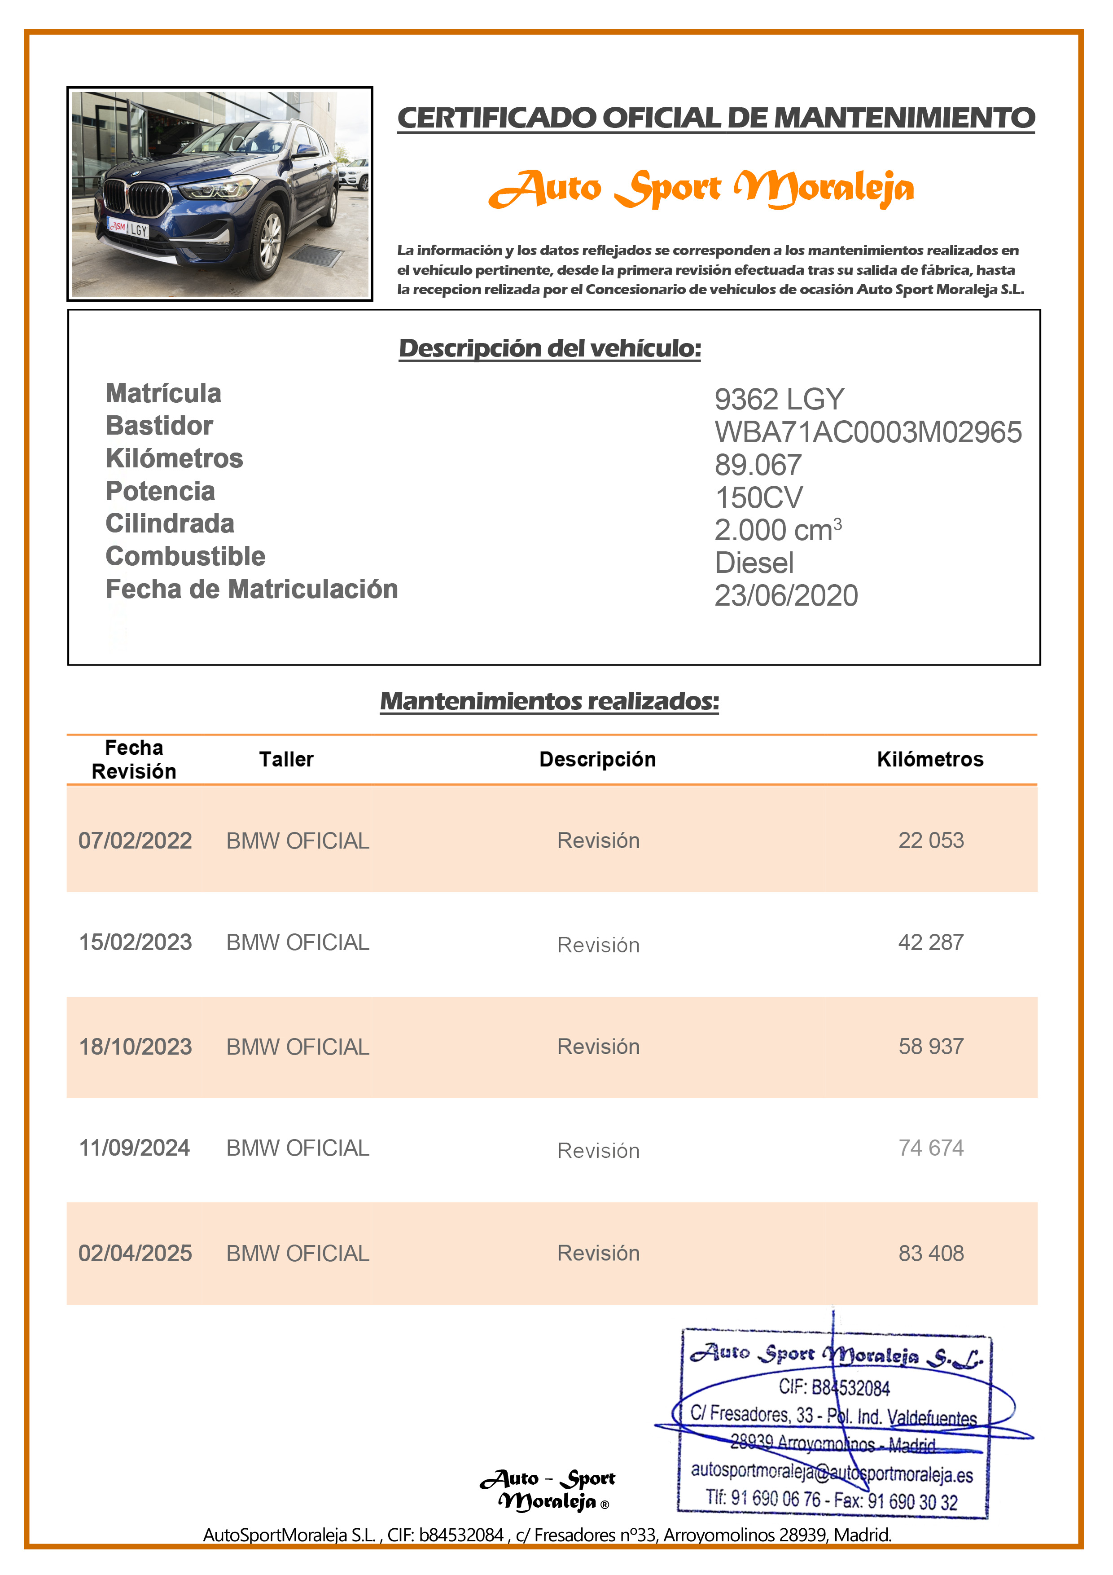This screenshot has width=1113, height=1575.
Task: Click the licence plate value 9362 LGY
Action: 779,399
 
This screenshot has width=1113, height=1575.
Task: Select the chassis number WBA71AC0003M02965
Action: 868,432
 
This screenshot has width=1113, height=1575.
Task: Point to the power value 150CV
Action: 758,498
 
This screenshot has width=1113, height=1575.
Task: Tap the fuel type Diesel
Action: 754,563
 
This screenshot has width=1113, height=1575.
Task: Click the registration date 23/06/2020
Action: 786,595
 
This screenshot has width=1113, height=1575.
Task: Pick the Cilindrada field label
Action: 169,524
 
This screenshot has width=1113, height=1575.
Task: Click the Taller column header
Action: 286,759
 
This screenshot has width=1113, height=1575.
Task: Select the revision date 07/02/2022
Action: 135,840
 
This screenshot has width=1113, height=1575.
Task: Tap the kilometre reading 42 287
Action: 931,942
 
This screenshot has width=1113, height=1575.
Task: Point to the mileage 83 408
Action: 931,1253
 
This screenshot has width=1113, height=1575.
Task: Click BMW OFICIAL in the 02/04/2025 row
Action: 298,1253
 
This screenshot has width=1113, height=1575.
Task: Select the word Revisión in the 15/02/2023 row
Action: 598,945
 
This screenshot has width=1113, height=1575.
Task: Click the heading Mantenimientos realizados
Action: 549,701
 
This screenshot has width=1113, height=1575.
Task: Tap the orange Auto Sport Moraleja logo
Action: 701,189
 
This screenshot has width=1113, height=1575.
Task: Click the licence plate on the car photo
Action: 128,229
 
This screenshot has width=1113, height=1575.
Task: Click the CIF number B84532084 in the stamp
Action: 834,1388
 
